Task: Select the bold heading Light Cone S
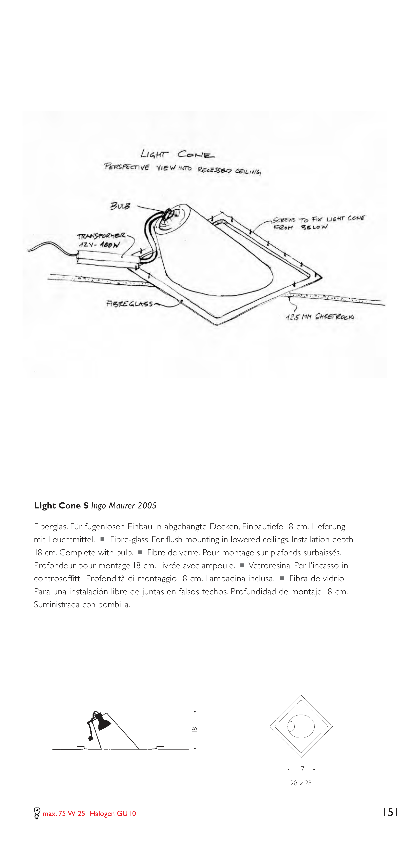coord(61,506)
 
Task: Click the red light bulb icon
coord(37,813)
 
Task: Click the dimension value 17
coord(301,769)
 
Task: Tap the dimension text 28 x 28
coord(301,783)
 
